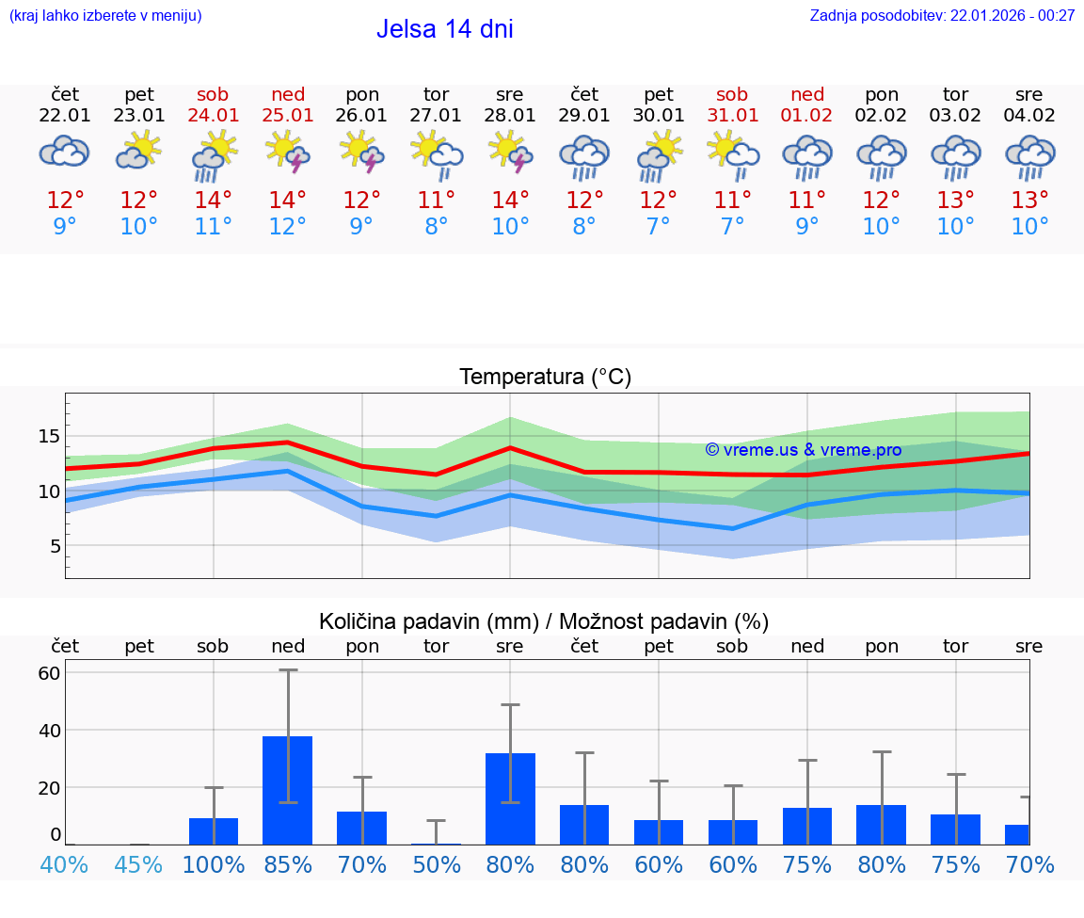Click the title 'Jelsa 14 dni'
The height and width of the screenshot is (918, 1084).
(x=444, y=29)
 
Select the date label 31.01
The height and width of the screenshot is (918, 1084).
(x=732, y=116)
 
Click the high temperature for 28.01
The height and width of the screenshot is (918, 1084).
(x=510, y=201)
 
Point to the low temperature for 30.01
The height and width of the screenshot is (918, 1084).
(x=659, y=227)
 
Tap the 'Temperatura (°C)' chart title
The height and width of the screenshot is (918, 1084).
(x=545, y=378)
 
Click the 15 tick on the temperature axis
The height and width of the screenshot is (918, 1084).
(x=49, y=436)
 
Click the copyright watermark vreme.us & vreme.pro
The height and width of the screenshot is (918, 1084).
(x=804, y=450)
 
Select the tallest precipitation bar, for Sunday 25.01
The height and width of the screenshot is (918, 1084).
(x=288, y=790)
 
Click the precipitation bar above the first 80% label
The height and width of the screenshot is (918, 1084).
(x=510, y=798)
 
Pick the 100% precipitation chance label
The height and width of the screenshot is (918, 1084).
(x=214, y=864)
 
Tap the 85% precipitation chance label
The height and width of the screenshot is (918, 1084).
(x=288, y=864)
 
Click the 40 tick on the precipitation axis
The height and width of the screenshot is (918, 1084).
(x=49, y=730)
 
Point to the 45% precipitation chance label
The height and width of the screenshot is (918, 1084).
(x=139, y=864)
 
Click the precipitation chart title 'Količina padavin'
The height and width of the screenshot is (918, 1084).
(x=544, y=621)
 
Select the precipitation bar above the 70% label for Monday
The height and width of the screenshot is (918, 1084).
(x=362, y=828)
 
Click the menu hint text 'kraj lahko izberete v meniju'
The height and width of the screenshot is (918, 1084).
(x=105, y=16)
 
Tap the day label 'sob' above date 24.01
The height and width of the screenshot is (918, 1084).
(x=213, y=95)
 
